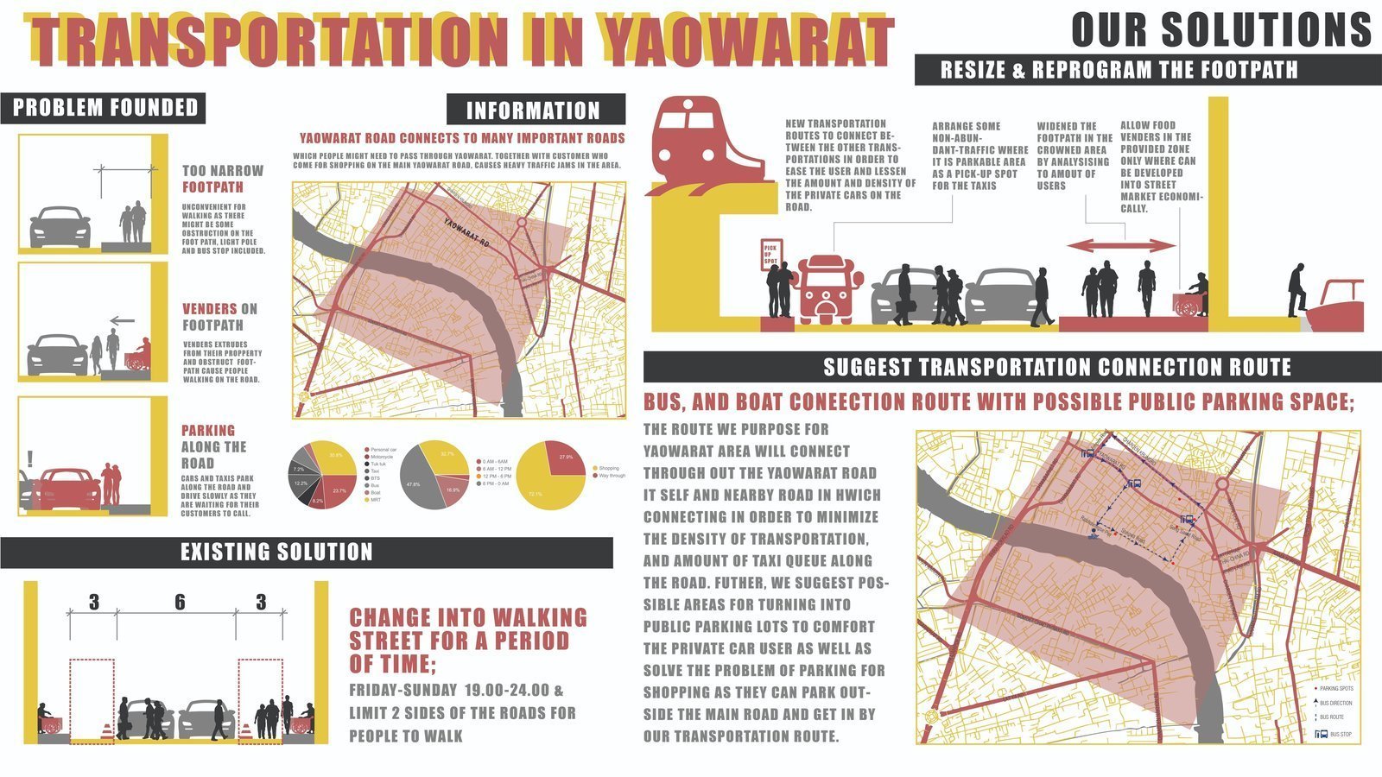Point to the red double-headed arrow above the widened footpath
coord(1121,246)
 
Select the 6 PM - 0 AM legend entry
coord(496,483)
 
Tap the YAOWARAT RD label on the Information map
coord(466,233)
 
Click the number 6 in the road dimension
coord(180,602)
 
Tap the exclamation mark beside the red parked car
coord(30,458)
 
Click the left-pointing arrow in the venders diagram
coord(123,320)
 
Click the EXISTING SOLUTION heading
coord(276,552)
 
